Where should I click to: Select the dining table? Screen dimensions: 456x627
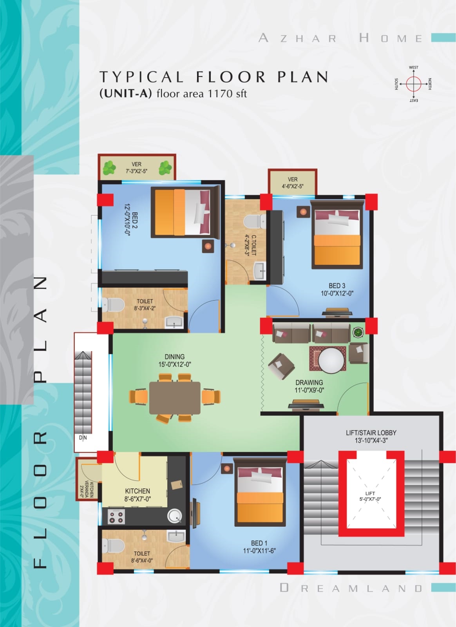pos(175,398)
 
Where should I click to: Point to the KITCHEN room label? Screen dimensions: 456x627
pos(138,495)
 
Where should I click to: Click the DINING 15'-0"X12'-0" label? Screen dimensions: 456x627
pos(175,360)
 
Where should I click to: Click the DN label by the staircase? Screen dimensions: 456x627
pos(83,438)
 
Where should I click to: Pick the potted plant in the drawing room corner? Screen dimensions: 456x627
pos(357,333)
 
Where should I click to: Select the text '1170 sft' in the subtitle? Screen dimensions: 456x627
pos(227,94)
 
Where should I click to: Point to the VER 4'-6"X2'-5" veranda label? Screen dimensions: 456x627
pos(293,183)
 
